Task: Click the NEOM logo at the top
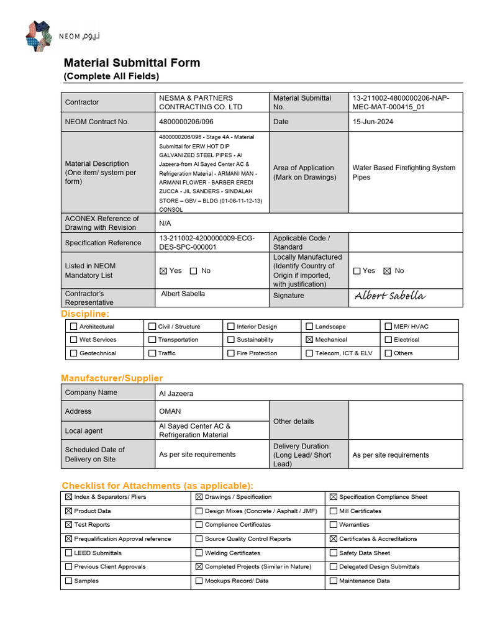62,36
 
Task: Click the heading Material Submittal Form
132,63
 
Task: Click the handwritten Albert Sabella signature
389,296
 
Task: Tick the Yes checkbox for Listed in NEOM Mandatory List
163,271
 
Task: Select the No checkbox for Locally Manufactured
387,271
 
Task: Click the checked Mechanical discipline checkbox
309,340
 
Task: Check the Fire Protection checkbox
231,353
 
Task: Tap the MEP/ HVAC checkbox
388,327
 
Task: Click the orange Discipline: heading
85,314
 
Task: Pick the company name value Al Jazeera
176,393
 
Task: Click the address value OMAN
170,411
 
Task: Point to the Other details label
294,421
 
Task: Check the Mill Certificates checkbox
334,511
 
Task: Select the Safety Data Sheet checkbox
334,553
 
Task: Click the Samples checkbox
68,581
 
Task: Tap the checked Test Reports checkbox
68,525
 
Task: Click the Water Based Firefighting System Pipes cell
404,172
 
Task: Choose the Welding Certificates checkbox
199,553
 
